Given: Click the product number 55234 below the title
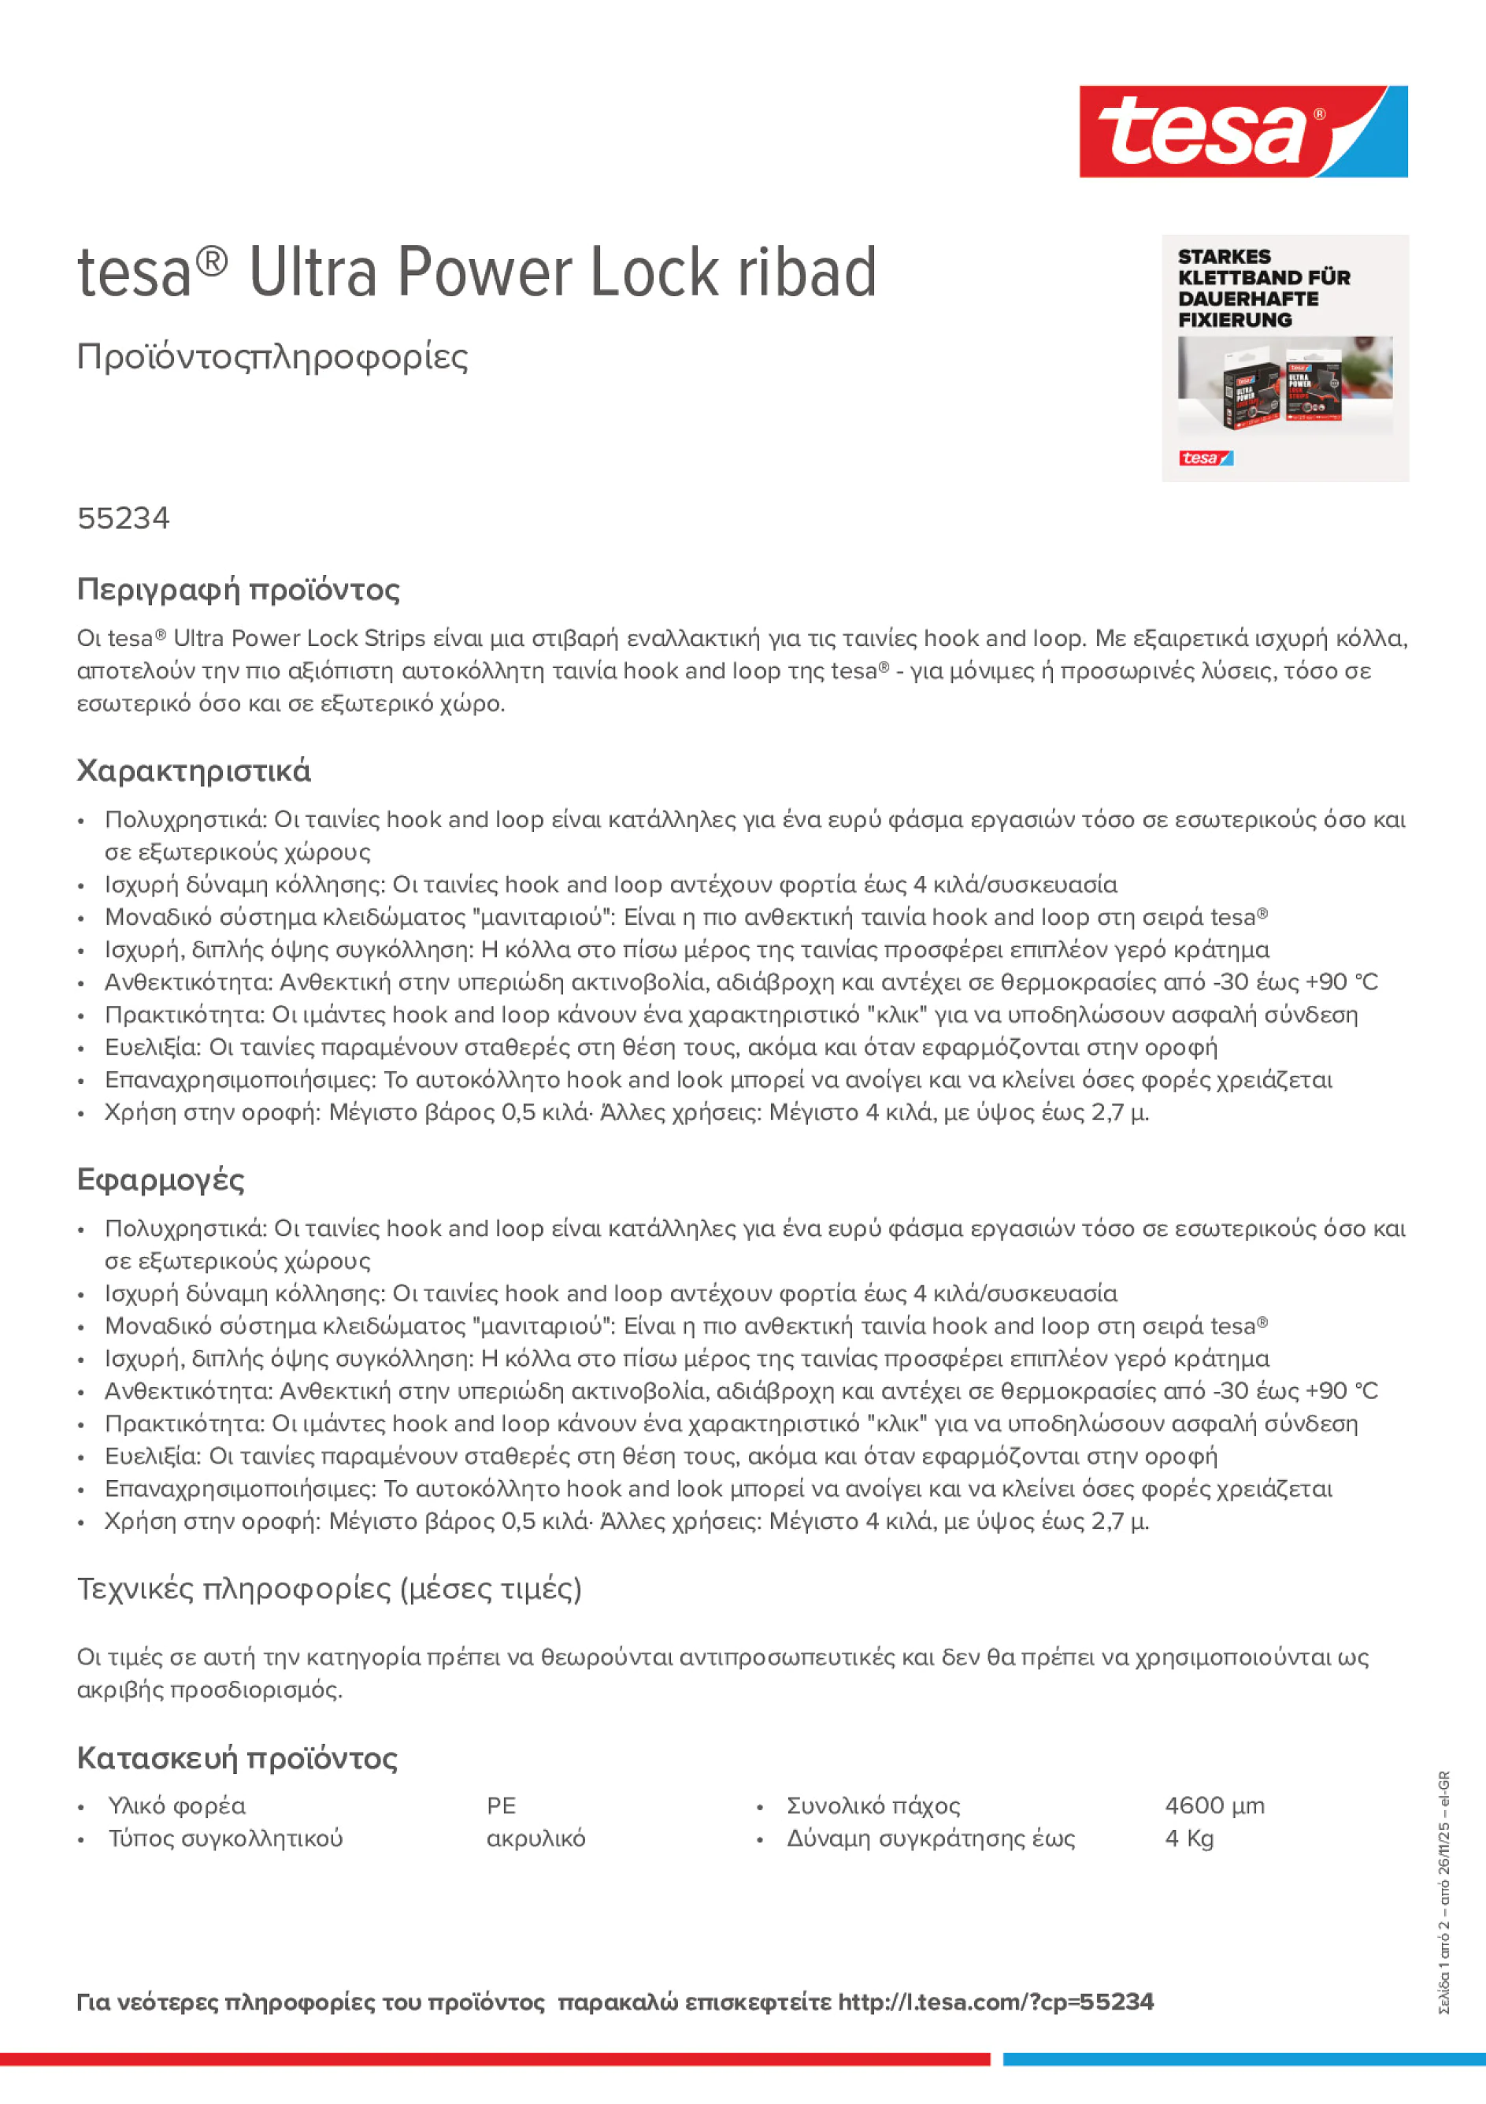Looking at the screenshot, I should click(x=123, y=518).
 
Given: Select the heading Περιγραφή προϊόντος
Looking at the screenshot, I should click(x=238, y=589).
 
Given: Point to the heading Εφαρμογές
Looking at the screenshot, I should click(x=161, y=1179).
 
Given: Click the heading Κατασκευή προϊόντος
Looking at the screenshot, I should click(x=236, y=1758).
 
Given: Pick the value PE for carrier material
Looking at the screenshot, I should click(x=501, y=1806).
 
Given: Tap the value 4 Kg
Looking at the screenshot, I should click(x=1188, y=1839).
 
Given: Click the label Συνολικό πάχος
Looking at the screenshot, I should click(x=873, y=1806).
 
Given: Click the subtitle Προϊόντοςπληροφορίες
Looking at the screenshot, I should click(x=272, y=357).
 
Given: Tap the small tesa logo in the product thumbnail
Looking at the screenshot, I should click(x=1206, y=458).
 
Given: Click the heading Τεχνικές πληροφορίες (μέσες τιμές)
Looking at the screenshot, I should click(x=329, y=1588).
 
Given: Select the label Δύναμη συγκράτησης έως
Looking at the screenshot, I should click(x=931, y=1839).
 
